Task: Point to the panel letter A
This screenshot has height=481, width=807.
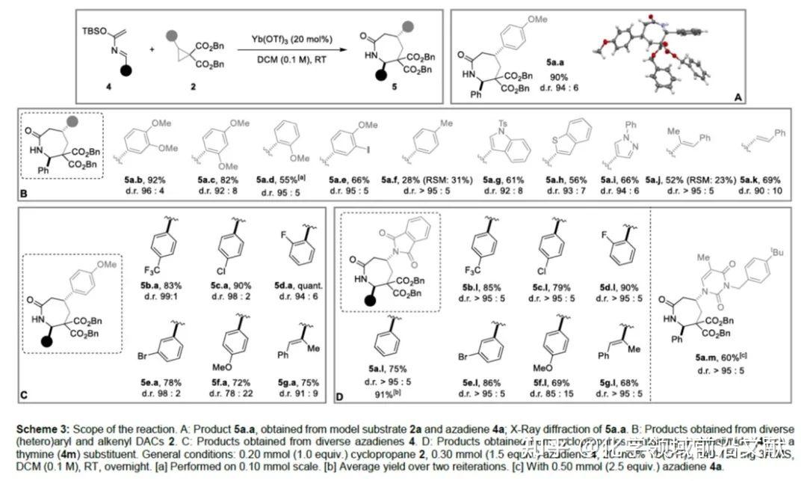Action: pyautogui.click(x=738, y=98)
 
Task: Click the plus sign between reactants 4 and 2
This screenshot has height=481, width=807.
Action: pyautogui.click(x=152, y=49)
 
